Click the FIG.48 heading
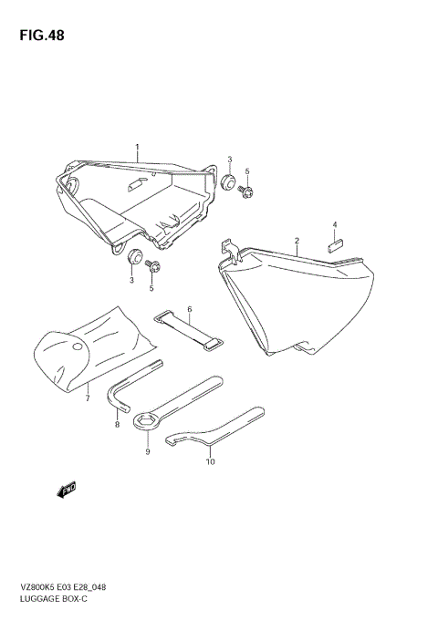coord(42,36)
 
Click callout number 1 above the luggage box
coord(137,147)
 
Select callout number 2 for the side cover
coord(297,240)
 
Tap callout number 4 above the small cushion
coord(335,224)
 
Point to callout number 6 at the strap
coord(190,309)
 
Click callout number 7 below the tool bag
coord(88,398)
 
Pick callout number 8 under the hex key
coord(117,425)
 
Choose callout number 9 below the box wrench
coord(148,451)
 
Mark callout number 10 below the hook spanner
coord(211,461)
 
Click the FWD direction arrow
coord(66,490)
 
